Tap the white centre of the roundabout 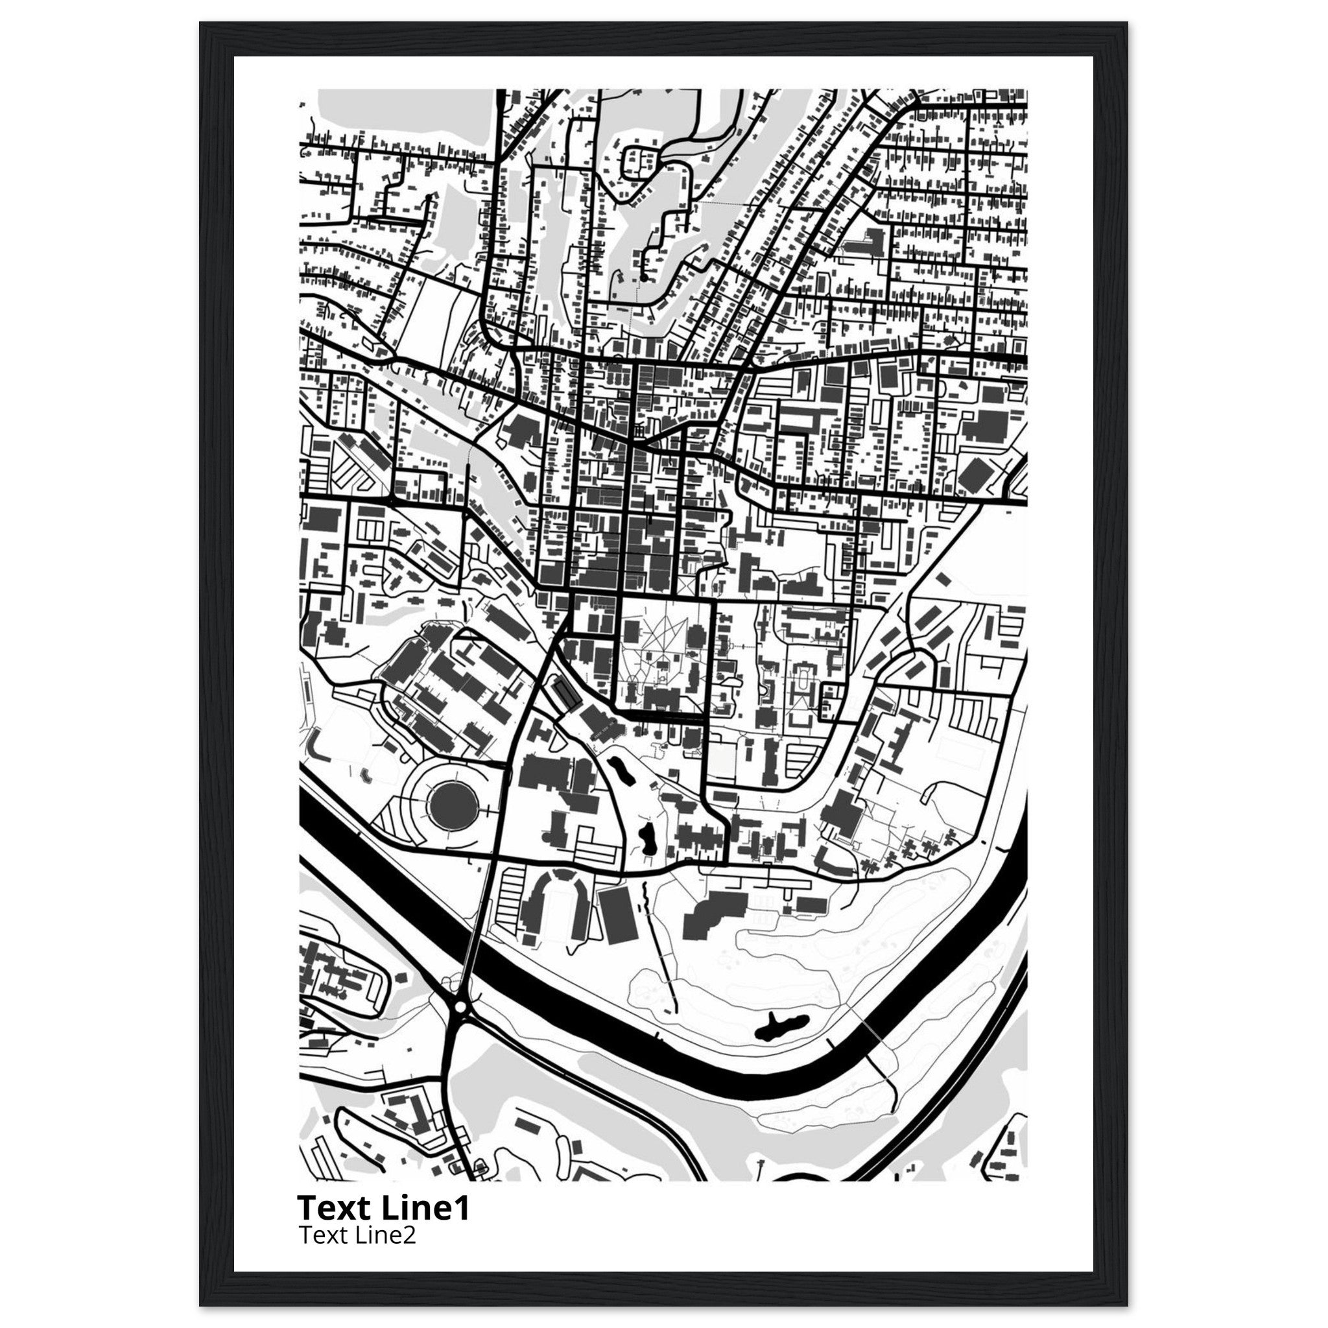coord(460,1006)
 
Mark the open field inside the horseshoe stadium coord(556,906)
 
